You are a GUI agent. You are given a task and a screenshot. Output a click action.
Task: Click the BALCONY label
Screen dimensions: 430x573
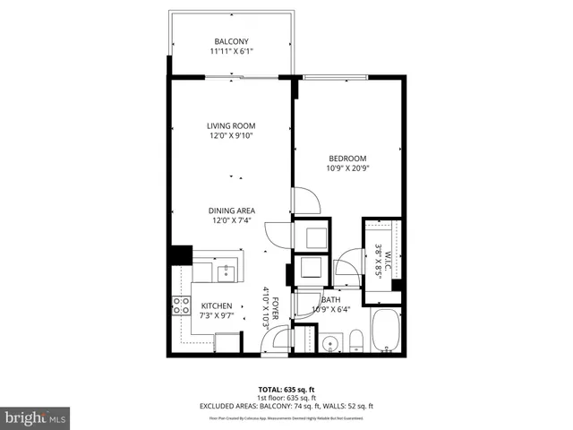click(x=232, y=41)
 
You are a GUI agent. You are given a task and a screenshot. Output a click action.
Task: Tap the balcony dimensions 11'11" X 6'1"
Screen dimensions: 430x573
click(x=232, y=52)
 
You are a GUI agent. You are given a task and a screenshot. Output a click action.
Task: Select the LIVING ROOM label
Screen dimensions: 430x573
click(x=232, y=125)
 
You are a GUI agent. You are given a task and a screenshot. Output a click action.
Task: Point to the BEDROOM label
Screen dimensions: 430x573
click(x=347, y=158)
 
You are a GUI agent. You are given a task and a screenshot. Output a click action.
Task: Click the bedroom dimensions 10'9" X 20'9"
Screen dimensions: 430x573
click(x=347, y=168)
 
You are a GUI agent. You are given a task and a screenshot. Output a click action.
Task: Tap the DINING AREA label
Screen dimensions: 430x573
click(x=232, y=211)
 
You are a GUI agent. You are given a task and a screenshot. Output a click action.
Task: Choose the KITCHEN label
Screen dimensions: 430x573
click(x=216, y=306)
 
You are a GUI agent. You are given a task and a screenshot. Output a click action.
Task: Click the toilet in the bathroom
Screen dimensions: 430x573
click(x=355, y=338)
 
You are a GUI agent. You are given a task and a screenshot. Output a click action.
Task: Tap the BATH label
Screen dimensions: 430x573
click(x=330, y=300)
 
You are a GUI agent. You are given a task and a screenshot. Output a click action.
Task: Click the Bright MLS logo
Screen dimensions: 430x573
click(x=35, y=417)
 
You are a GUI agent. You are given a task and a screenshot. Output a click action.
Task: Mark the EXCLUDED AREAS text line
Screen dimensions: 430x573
click(x=286, y=407)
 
